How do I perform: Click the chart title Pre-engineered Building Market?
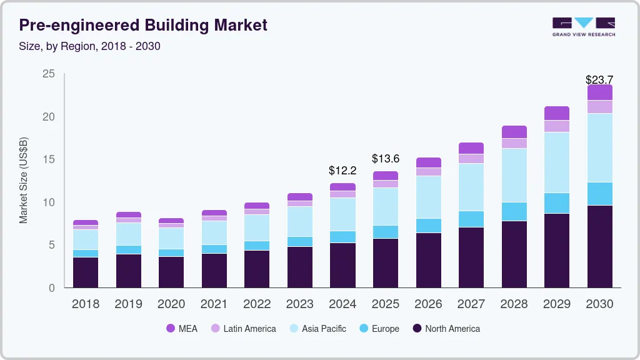tap(143, 25)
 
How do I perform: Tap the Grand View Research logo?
tap(583, 26)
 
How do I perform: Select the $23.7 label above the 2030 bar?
tap(599, 79)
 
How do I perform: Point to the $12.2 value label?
tap(342, 170)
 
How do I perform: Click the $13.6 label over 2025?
tap(385, 159)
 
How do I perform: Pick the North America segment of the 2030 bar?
tap(599, 246)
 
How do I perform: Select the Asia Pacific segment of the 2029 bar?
tap(556, 162)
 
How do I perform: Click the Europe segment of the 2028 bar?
tap(514, 211)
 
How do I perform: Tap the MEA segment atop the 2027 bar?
tap(471, 148)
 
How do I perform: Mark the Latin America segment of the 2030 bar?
tap(599, 107)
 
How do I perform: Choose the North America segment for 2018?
tap(85, 272)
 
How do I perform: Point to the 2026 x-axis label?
tap(428, 304)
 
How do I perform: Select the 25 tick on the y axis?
tap(49, 74)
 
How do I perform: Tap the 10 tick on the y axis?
tap(49, 202)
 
